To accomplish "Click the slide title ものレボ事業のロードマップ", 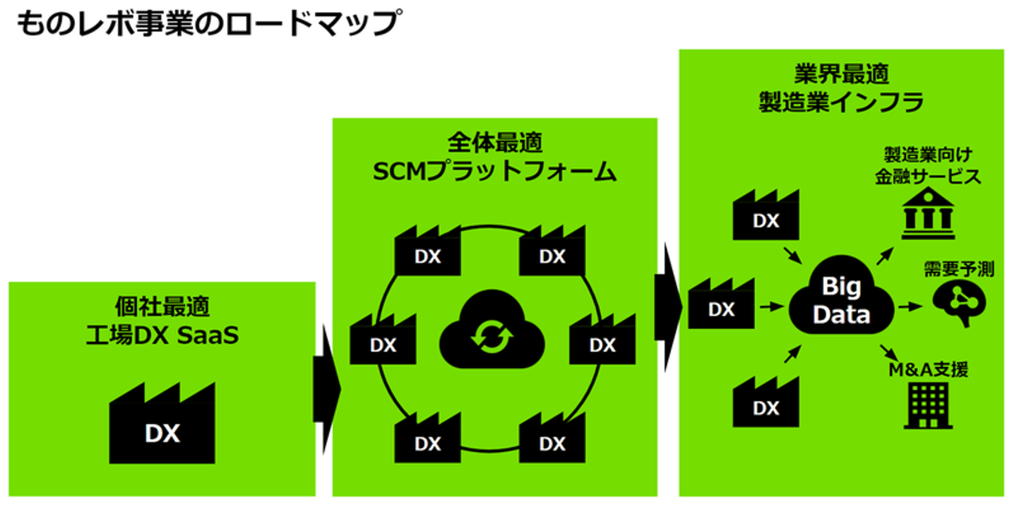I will [207, 24].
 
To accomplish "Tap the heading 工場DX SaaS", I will [162, 335].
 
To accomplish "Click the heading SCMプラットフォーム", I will [494, 172].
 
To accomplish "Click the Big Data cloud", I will [840, 300].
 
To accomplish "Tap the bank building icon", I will [927, 214].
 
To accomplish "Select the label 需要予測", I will [958, 269].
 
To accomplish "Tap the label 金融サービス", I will [928, 177].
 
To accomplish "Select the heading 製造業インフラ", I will [841, 102].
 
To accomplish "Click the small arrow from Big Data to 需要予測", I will [909, 307].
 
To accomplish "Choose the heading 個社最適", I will [162, 307].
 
